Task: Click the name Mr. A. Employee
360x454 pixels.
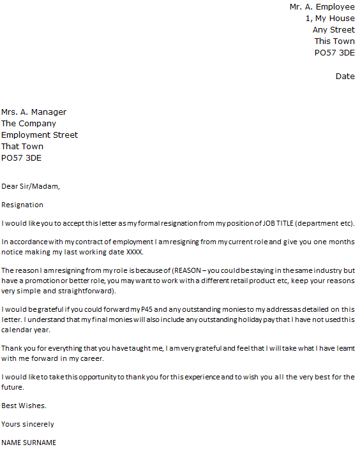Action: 322,7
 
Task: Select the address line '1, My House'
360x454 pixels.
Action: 330,18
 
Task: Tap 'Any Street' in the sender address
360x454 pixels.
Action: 333,30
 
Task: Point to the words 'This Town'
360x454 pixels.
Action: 334,41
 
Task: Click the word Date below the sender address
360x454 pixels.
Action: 345,77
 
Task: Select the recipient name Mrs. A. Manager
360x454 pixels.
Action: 34,112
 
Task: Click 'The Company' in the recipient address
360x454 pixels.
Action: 29,124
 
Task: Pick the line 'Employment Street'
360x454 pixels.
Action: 40,135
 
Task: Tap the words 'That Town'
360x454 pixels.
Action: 22,147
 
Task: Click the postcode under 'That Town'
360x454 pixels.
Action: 22,158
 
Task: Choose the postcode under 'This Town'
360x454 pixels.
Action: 334,53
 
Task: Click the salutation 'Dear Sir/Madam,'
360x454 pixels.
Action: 31,187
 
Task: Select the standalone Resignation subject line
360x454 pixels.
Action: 22,205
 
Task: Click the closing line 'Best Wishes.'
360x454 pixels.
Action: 24,406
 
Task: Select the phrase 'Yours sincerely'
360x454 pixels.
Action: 27,424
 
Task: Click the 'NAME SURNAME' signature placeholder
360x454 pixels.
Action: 29,443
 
